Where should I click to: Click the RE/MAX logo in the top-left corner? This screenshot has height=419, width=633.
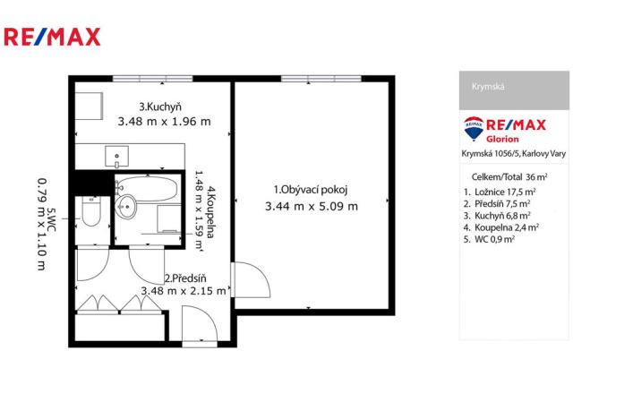(x=52, y=37)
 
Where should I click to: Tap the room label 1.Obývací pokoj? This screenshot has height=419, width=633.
(x=310, y=189)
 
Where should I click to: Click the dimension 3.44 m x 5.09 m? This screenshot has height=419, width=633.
(x=311, y=206)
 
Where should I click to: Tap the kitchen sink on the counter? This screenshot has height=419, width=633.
(x=116, y=158)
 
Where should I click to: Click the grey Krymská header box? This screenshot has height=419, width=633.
(x=514, y=90)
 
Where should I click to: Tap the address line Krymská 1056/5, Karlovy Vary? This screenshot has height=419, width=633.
(x=513, y=153)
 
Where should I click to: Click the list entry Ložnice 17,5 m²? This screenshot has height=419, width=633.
(x=501, y=192)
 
